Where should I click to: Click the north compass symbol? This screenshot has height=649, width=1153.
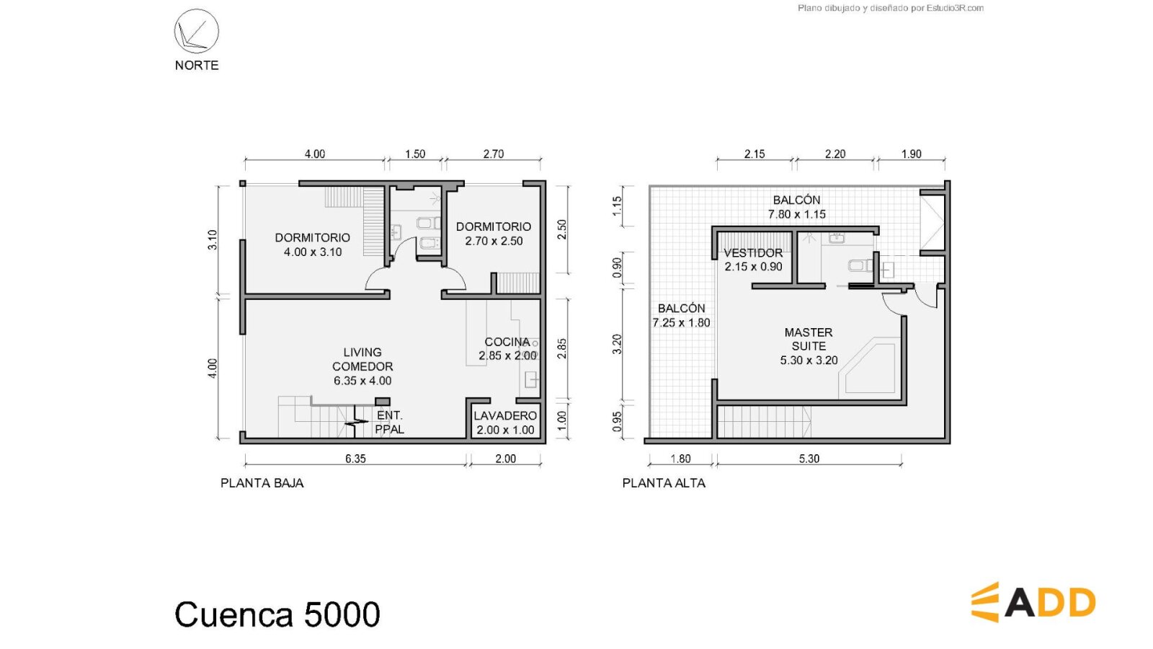tap(196, 31)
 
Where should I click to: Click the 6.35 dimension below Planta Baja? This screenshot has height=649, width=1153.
tap(355, 459)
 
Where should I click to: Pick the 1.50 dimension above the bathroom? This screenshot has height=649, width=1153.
tap(415, 154)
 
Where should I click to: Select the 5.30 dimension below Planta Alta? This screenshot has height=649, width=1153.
tap(809, 459)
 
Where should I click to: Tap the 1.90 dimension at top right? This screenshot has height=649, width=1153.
tap(911, 154)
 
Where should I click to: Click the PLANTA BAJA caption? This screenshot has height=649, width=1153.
tap(262, 483)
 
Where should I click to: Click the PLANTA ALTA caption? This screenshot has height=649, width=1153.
tap(664, 483)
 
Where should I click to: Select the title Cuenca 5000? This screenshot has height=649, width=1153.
tap(277, 614)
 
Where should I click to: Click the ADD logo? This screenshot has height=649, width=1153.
tap(1033, 602)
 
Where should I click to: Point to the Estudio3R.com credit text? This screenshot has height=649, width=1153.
tap(891, 8)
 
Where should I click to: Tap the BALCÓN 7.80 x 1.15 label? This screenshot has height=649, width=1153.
tap(797, 207)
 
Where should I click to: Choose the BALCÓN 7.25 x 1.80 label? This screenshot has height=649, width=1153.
tap(681, 315)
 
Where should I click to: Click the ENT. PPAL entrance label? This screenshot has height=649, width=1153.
tap(389, 423)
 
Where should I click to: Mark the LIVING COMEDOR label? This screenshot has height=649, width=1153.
tap(362, 366)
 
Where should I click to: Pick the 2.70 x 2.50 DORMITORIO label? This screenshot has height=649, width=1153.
tap(494, 234)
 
